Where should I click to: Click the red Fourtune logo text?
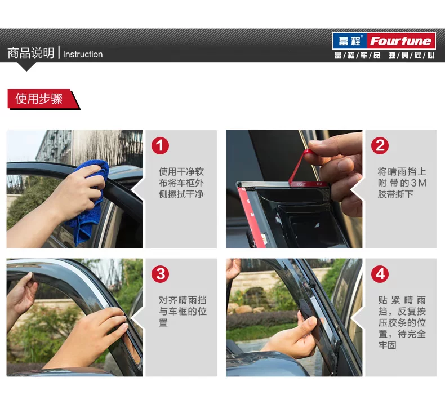[x=400, y=41]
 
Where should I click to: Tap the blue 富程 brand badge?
[x=350, y=41]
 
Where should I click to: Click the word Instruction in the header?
[x=83, y=54]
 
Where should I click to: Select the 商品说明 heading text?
[x=30, y=53]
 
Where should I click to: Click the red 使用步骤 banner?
[x=43, y=99]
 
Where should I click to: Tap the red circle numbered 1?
[x=160, y=145]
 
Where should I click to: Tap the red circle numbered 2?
[x=380, y=145]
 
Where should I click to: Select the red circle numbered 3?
[x=160, y=274]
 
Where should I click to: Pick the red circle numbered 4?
[x=380, y=274]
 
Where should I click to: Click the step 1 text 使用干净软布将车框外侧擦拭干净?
[x=181, y=183]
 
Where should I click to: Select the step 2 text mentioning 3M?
[x=402, y=183]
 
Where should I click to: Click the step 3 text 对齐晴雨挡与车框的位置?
[x=183, y=311]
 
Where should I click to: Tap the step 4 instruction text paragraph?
[x=402, y=322]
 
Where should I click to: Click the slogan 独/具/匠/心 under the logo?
[x=411, y=55]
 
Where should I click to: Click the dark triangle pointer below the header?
[x=26, y=66]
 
